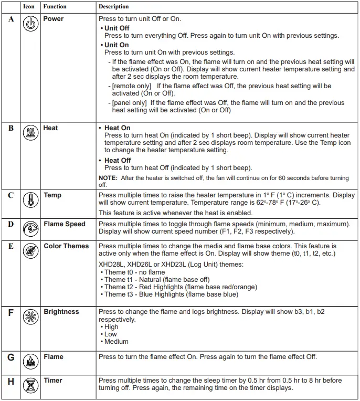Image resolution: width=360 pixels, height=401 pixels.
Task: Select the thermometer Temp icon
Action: (31, 201)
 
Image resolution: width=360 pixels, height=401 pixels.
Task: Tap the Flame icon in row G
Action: (31, 362)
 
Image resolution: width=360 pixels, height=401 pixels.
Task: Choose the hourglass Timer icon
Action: (31, 386)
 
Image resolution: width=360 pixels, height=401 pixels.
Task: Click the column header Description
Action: (113, 7)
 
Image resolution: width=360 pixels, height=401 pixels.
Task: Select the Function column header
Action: (55, 7)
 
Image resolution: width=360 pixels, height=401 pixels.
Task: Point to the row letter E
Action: (11, 246)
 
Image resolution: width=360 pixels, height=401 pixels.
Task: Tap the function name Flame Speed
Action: (64, 224)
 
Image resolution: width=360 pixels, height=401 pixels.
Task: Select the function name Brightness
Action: (61, 312)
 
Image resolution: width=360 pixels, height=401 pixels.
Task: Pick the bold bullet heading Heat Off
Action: (118, 161)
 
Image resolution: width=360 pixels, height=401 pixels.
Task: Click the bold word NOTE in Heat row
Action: (108, 178)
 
